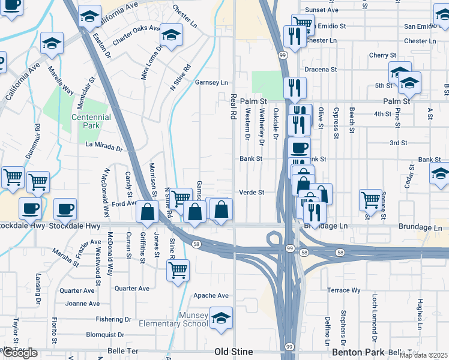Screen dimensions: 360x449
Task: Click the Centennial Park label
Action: point(91,121)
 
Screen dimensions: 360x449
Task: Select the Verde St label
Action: point(252,193)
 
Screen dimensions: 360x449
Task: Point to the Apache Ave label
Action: point(211,296)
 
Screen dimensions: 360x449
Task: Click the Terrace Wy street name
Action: point(344,290)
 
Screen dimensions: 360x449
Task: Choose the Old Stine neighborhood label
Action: point(234,351)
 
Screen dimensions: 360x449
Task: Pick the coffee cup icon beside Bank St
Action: point(298,147)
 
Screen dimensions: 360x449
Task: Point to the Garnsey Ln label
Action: point(211,83)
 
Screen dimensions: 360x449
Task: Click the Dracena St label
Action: point(320,70)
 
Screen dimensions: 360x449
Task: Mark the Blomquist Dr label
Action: point(105,335)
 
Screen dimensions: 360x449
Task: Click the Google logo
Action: point(20,353)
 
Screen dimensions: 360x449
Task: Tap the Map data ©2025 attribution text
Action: point(423,355)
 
